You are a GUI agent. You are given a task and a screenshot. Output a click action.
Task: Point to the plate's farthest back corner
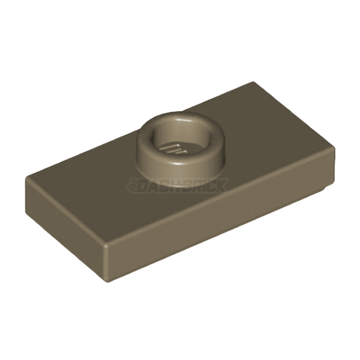click(252, 82)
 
